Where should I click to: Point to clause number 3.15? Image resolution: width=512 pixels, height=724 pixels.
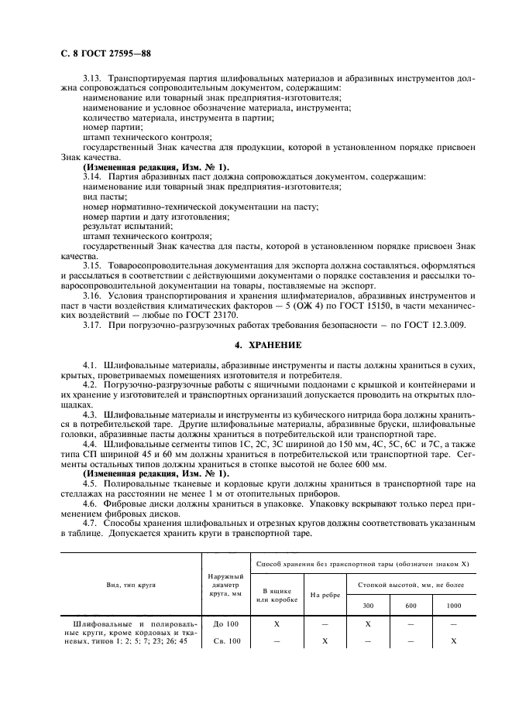point(92,265)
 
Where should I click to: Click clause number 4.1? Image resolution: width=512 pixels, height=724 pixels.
point(91,363)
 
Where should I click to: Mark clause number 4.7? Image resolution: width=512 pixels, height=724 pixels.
point(91,524)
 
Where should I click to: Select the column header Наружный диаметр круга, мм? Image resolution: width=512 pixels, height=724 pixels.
point(227,585)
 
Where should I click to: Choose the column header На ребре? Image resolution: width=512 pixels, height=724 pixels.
point(325,595)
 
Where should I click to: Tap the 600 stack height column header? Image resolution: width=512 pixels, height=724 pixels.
point(410,606)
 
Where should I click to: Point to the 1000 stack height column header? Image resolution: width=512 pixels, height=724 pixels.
point(453,606)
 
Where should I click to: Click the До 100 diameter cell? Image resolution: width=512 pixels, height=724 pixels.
point(227,623)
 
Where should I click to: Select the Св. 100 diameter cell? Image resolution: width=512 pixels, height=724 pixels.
point(227,641)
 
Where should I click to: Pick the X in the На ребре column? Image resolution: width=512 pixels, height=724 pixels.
point(325,641)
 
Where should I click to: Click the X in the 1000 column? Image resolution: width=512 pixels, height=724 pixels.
point(453,641)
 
